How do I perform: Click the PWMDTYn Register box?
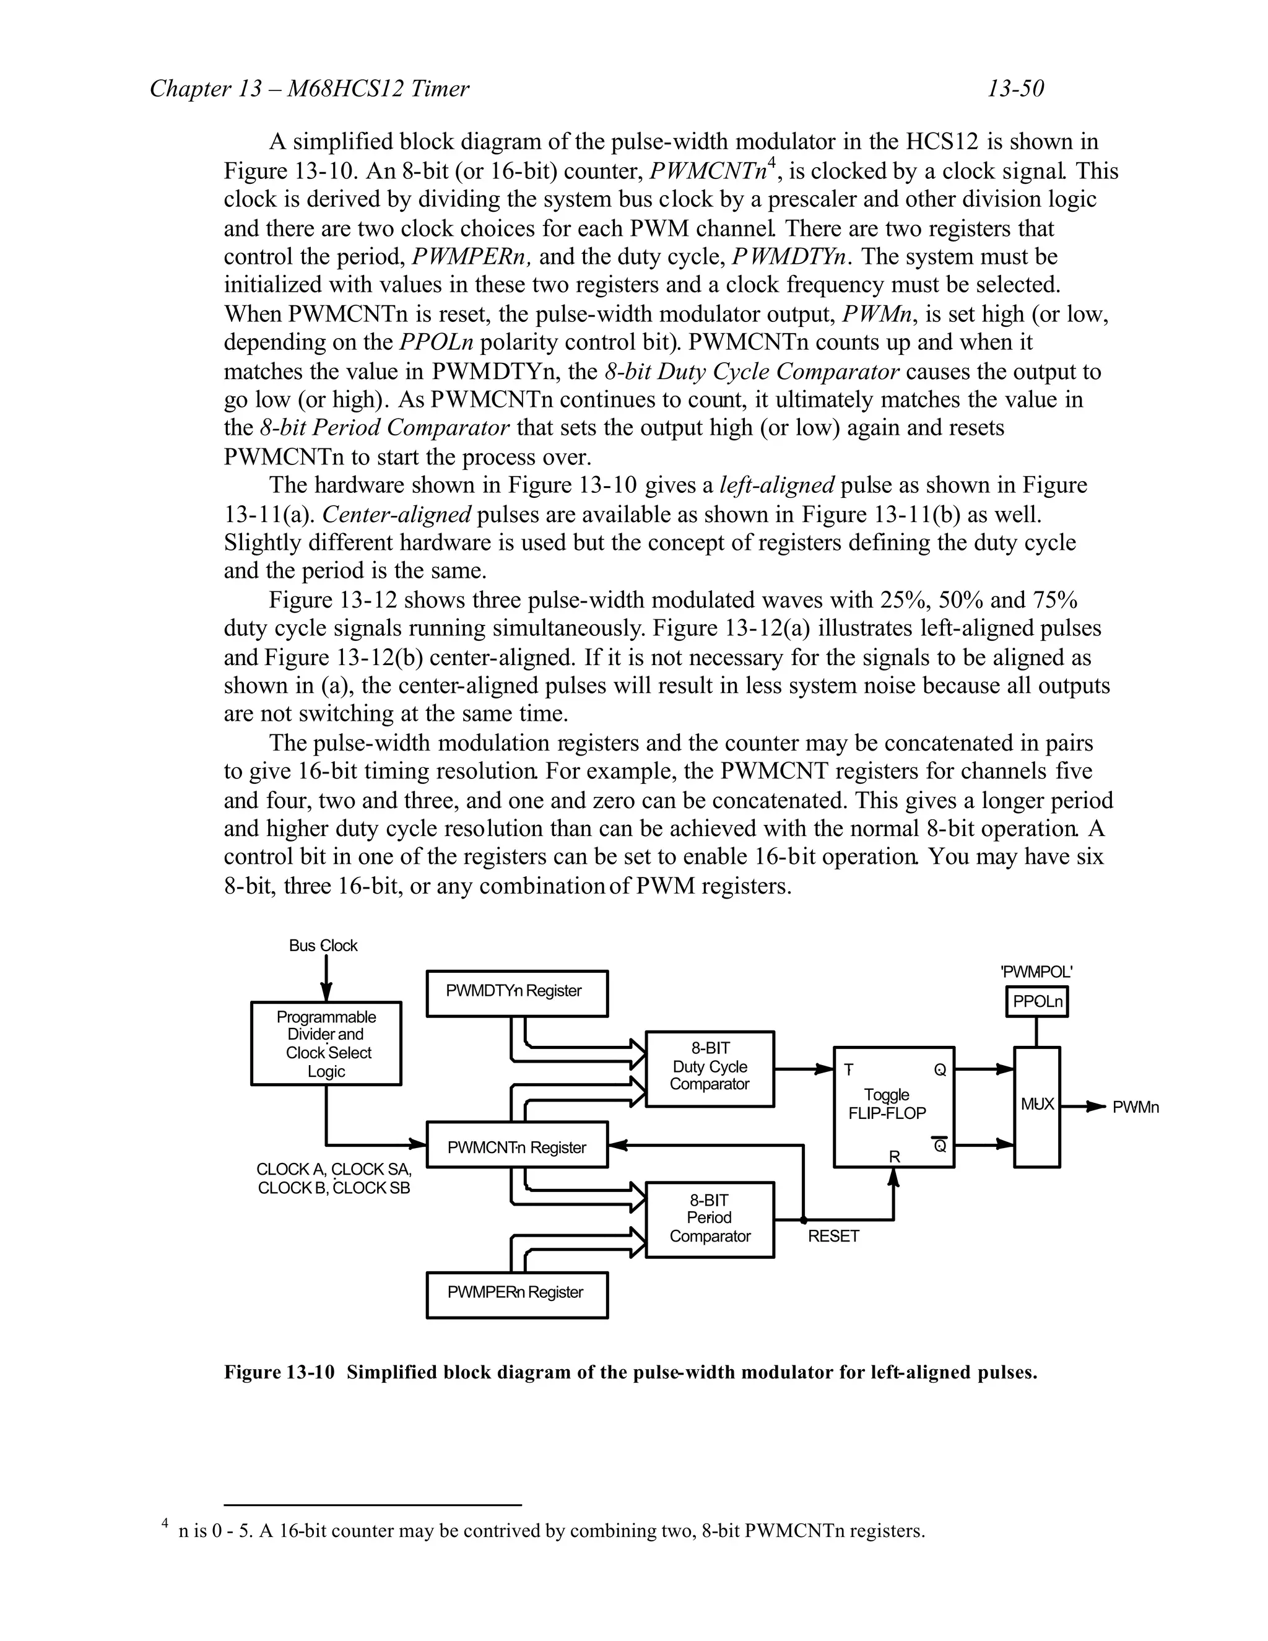point(517,993)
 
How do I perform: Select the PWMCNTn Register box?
point(517,1144)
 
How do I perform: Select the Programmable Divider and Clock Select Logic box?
point(326,1043)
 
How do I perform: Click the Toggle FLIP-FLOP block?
point(894,1106)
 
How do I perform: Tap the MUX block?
point(1036,1106)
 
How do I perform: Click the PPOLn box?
point(1036,1001)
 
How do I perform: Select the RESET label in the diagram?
point(833,1237)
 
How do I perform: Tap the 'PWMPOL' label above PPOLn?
point(1036,972)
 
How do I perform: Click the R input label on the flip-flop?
point(894,1157)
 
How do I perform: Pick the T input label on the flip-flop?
point(848,1070)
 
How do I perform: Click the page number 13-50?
point(1015,89)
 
